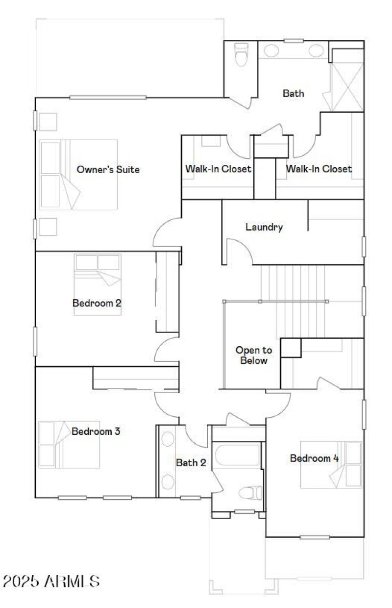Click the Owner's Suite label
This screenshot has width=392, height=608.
point(108,170)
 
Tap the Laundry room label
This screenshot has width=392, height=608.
point(264,227)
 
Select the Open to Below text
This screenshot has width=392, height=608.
point(254,355)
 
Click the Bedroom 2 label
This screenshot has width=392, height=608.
point(97,303)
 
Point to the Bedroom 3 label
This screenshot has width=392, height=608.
point(96,431)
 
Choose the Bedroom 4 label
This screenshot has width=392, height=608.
point(314,458)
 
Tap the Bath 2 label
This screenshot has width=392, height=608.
point(191,462)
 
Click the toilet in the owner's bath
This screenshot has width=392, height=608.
point(241,54)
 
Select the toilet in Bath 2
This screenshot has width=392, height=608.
point(250,493)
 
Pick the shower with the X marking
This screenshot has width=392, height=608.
point(347,87)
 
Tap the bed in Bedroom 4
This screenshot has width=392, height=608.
point(331,465)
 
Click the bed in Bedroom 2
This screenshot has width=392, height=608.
point(98,284)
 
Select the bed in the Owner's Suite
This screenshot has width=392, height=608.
point(78,175)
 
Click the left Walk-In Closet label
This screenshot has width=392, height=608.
point(219,169)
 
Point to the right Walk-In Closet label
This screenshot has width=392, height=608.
point(319,169)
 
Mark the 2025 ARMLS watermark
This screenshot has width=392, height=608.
point(51,581)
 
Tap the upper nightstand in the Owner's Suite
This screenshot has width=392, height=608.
point(48,122)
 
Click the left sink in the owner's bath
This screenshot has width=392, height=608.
point(271,51)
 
